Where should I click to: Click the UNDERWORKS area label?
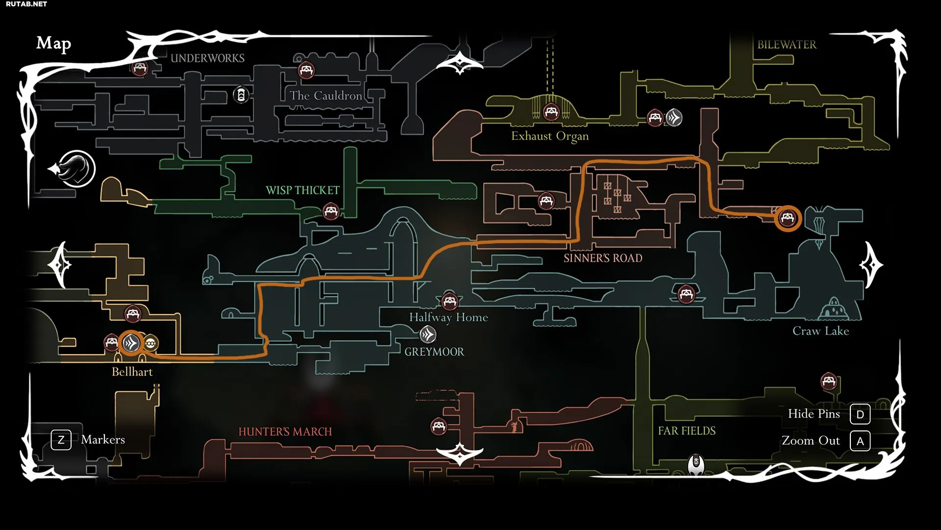coord(207,58)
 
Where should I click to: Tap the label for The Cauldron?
coord(326,96)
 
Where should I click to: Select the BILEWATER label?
coord(787,45)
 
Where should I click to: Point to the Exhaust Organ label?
coord(550,136)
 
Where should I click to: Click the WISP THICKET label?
coord(302,190)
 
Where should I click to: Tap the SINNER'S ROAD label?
coord(603,258)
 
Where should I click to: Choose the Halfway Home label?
coord(448,318)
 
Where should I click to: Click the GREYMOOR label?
coord(434,352)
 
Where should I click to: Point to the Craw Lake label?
coord(821,331)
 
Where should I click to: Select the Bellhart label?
coord(132,371)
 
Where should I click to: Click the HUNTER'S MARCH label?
coord(285,432)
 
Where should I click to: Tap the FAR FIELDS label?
coord(687,431)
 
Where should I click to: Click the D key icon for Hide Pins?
coord(860,414)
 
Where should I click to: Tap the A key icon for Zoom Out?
coord(860,441)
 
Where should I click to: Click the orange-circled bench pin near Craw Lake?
coord(788,218)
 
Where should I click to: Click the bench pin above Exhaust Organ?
coord(551,112)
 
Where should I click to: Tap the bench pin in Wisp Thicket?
coord(331,212)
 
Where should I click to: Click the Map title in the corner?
coord(54,44)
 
